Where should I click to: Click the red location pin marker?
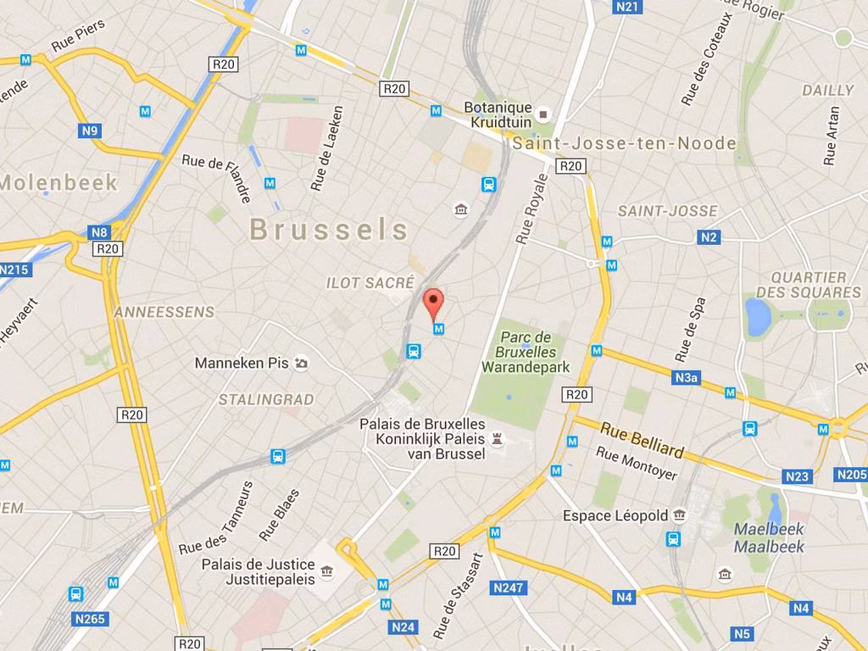coord(433,302)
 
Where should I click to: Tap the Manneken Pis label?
coord(242,363)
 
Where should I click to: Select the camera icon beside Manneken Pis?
coord(302,364)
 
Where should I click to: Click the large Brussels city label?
coord(330,229)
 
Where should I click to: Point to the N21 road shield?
coord(627,7)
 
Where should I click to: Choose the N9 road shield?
coord(90,131)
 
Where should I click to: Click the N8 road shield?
coord(99,232)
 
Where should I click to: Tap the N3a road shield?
coord(687,377)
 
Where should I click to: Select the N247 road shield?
coord(509,587)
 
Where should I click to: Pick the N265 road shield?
coord(89,619)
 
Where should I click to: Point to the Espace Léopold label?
coord(615,515)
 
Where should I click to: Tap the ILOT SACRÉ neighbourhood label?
coord(370,283)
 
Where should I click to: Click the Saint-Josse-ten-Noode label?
coord(625,143)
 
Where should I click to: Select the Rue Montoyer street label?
coord(637,463)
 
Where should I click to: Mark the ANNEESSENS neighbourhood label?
coord(164,312)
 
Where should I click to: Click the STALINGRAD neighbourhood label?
coord(266,399)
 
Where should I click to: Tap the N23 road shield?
coord(797,476)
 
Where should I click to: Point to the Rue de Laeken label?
coord(326,148)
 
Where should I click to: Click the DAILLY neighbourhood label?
coord(828,90)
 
